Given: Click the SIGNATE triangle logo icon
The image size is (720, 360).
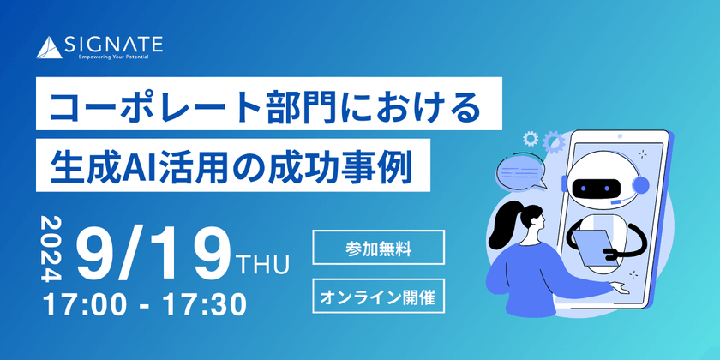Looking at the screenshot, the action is (49, 48).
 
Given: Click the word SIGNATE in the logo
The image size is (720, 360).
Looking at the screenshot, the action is (113, 45).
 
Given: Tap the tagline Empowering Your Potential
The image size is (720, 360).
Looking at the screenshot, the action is (113, 57).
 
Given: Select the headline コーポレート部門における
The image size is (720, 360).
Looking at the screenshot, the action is (265, 105).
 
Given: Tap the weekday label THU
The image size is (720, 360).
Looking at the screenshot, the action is (262, 266).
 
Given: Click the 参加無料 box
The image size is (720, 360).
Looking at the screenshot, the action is (378, 248).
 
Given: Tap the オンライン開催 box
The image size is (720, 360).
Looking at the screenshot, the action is (378, 296).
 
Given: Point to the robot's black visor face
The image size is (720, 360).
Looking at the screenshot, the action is (595, 188).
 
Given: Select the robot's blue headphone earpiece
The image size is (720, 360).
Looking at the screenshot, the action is (642, 185).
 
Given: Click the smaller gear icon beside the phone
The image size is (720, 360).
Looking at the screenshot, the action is (531, 138).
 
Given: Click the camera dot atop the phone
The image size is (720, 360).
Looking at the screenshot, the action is (620, 136).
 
